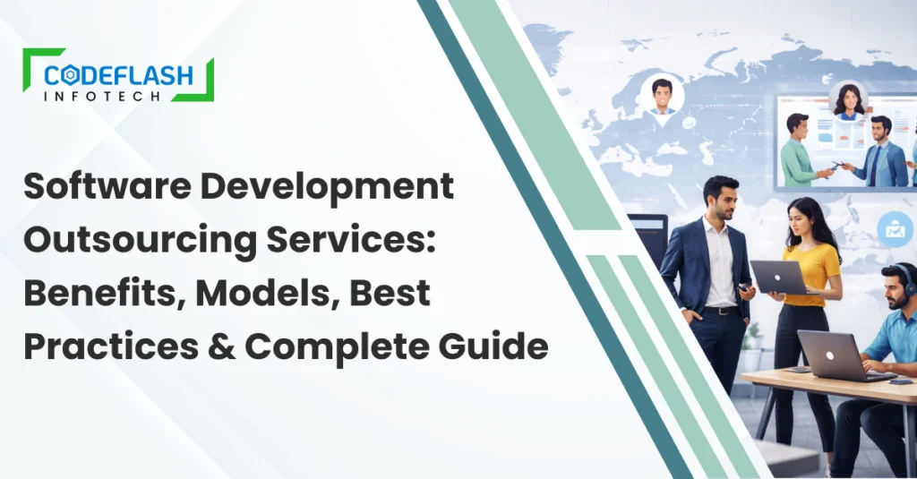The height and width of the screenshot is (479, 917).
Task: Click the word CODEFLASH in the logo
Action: click(x=118, y=75)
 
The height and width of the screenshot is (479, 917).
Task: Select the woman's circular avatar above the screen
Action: click(x=846, y=100)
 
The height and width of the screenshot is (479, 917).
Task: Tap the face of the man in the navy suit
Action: click(x=721, y=199)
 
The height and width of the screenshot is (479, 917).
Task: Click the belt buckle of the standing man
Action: click(x=715, y=310)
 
